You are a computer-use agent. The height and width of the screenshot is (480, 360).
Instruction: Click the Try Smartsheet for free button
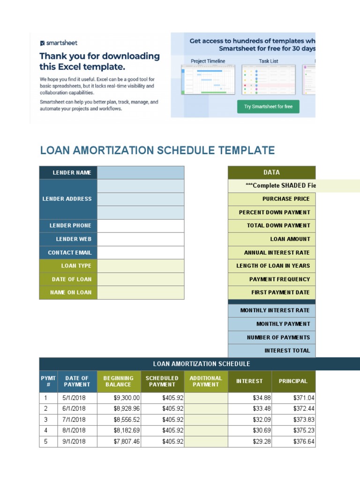point(268,106)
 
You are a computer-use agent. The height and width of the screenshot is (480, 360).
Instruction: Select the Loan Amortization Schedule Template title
point(157,150)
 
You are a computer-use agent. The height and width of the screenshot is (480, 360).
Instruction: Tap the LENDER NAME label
point(68,172)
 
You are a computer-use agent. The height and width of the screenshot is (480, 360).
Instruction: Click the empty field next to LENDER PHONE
point(141,225)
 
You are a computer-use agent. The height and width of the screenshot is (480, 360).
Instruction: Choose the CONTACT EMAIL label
point(68,253)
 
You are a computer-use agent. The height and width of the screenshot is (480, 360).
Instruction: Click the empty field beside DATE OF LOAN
point(141,279)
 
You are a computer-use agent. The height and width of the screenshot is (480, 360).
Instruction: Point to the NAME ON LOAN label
point(68,292)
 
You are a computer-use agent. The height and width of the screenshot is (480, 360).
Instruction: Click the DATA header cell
point(271,172)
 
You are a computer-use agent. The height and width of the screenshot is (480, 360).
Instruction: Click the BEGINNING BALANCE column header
point(119,381)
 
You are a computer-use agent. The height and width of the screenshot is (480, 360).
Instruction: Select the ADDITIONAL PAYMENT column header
point(206,381)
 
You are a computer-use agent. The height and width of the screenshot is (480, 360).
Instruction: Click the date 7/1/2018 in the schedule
point(74,420)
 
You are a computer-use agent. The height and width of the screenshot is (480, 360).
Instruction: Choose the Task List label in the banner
point(268,61)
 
